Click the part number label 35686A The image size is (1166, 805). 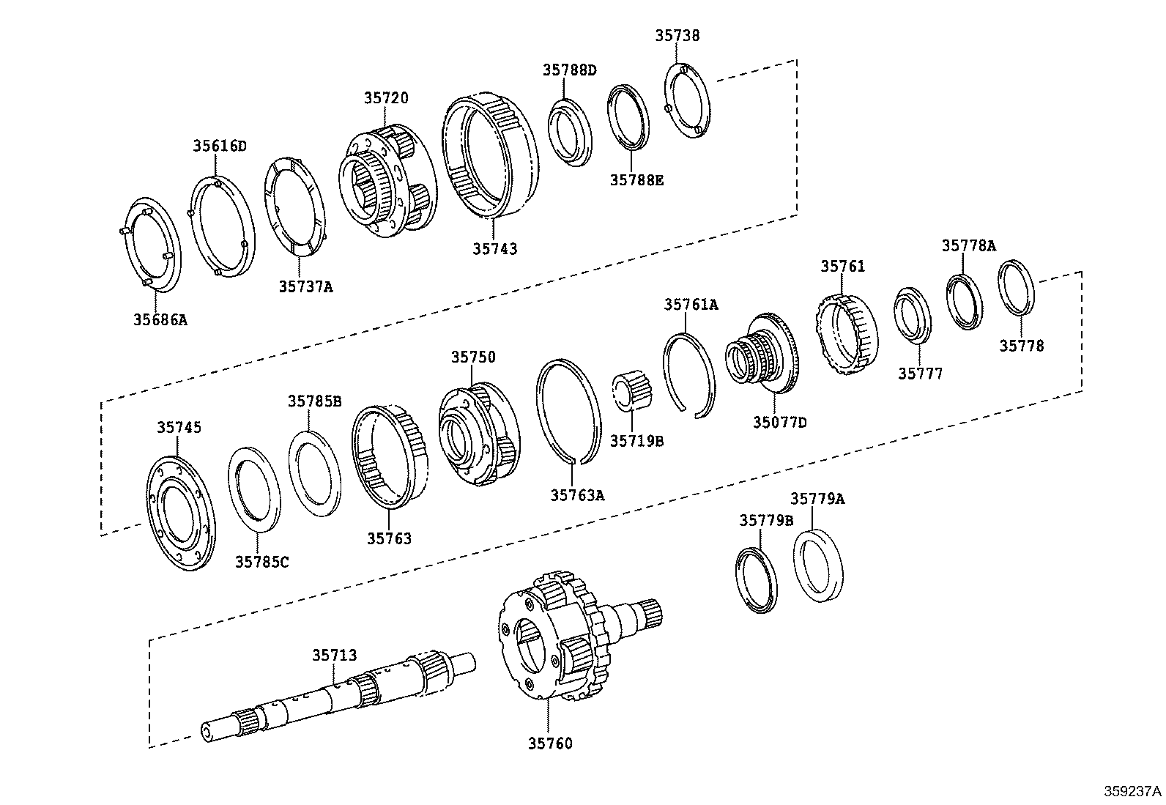click(x=160, y=319)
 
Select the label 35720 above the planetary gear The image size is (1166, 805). click(x=386, y=97)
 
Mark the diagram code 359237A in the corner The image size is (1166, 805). click(x=1133, y=792)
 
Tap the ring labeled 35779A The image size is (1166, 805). click(x=818, y=565)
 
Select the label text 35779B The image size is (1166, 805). click(x=765, y=520)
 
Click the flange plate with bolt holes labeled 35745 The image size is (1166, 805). click(x=180, y=510)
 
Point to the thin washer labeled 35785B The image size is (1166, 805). click(x=315, y=470)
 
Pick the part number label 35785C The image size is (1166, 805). click(x=262, y=562)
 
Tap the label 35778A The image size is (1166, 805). click(x=968, y=245)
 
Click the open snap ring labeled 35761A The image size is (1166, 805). click(x=688, y=374)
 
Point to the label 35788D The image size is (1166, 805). click(x=569, y=70)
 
